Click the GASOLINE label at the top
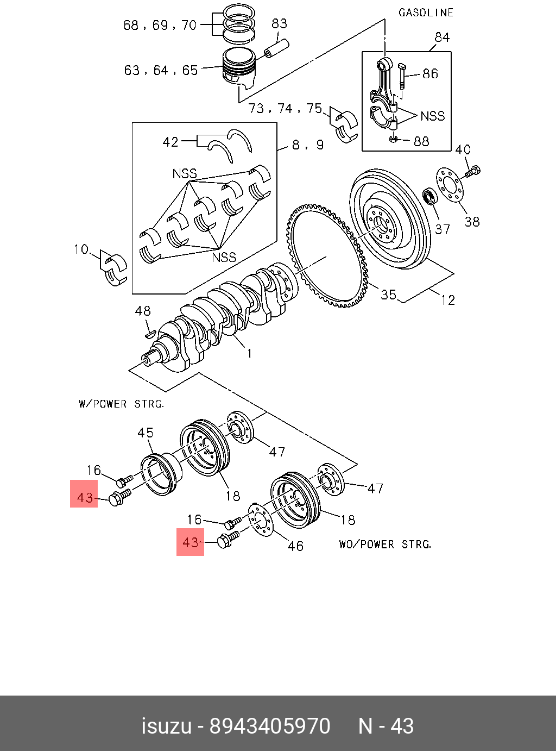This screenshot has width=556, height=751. click(426, 13)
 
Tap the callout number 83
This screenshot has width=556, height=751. click(279, 24)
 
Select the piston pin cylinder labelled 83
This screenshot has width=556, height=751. click(276, 48)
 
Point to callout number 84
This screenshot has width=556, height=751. click(442, 37)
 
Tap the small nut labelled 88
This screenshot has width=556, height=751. click(393, 139)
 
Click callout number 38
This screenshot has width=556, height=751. click(472, 222)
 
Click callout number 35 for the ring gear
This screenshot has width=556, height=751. click(388, 295)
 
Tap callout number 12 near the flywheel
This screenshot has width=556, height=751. click(447, 300)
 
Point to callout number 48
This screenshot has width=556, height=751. click(143, 311)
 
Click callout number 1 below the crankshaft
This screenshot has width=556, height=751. click(249, 354)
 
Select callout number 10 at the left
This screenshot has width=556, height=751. click(81, 249)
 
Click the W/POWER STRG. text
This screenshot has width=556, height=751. click(122, 404)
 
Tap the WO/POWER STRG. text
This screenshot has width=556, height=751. click(386, 545)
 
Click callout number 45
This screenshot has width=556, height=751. click(146, 433)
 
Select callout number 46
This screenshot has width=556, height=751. click(295, 546)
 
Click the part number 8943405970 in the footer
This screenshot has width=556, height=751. click(270, 726)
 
